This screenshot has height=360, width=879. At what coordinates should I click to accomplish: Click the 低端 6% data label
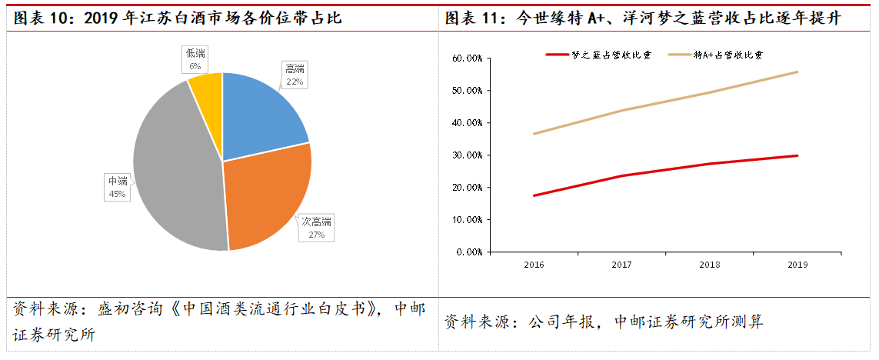[195, 58]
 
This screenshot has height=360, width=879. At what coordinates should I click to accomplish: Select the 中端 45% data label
[117, 187]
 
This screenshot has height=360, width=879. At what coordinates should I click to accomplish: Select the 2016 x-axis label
[534, 265]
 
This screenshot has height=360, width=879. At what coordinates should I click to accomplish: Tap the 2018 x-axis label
[709, 265]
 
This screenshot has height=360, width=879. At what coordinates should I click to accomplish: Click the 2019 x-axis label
[797, 265]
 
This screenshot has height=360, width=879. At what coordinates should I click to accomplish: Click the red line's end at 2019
[797, 155]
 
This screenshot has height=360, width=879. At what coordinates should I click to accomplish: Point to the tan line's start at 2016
[534, 134]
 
